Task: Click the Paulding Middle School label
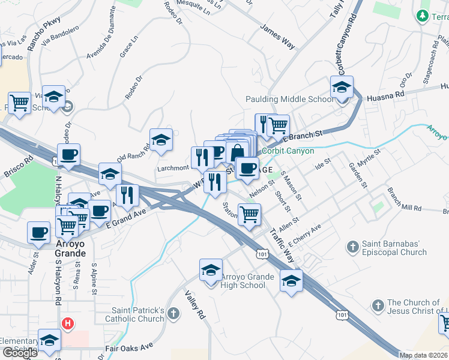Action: (x=289, y=100)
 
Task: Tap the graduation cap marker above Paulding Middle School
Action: (x=342, y=88)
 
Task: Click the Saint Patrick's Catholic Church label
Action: (x=138, y=314)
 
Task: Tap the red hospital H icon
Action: (x=68, y=324)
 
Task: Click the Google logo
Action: (x=20, y=353)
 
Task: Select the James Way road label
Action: (x=277, y=37)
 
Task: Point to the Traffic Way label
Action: (x=282, y=245)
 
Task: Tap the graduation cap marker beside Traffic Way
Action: (x=292, y=280)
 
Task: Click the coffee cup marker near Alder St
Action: (x=38, y=232)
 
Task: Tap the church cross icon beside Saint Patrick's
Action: (x=173, y=313)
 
